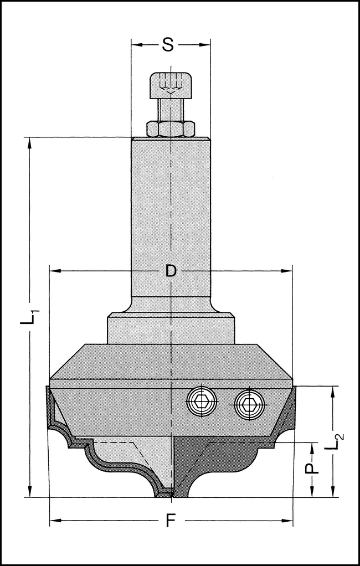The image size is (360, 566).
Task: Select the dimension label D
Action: [171, 271]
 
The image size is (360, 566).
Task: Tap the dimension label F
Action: [171, 521]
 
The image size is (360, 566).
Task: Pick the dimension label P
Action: [313, 469]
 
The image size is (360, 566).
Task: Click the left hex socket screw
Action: [202, 401]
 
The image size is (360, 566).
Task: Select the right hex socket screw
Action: [248, 403]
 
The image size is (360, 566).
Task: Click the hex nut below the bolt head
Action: [170, 129]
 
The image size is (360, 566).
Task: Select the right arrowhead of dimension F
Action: [289, 521]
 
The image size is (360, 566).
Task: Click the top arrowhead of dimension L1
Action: [29, 142]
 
